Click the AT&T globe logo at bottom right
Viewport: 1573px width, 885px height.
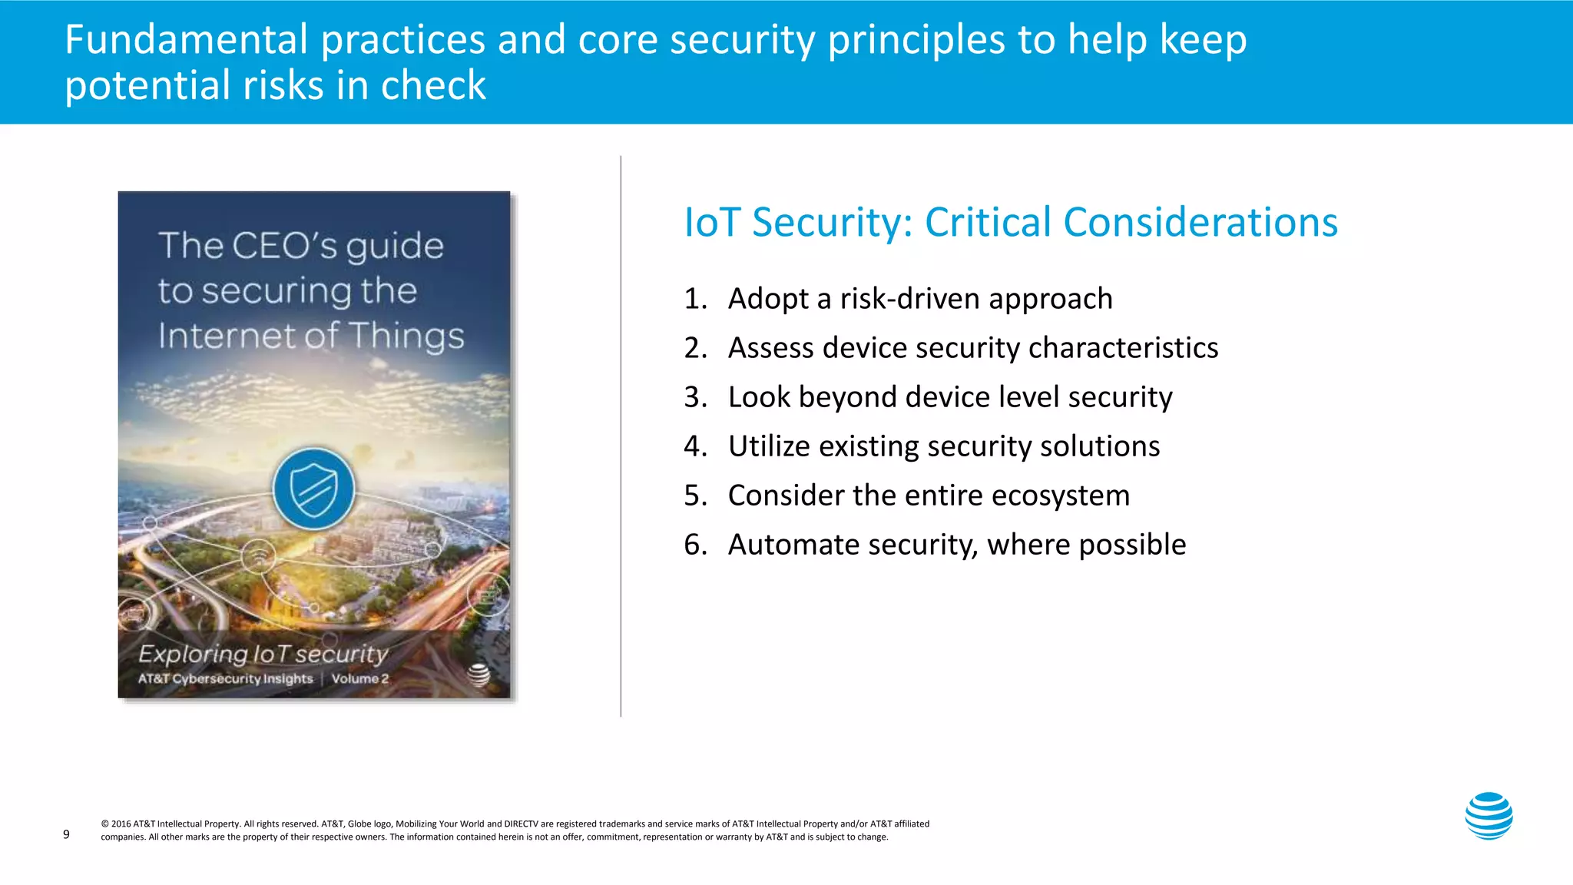click(1489, 816)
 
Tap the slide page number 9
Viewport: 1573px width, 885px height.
click(66, 834)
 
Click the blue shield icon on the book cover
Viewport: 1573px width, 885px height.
click(314, 489)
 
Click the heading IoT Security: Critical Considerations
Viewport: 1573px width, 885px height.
click(1011, 222)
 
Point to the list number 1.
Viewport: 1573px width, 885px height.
click(694, 299)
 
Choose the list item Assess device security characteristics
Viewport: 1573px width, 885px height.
click(972, 348)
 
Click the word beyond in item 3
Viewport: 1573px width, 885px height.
click(847, 397)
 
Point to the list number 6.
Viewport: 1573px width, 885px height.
click(694, 545)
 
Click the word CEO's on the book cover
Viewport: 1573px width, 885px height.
click(284, 246)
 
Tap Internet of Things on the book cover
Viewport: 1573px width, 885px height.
click(311, 336)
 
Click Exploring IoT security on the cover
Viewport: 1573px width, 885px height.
click(263, 654)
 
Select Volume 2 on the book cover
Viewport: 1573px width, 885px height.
click(360, 679)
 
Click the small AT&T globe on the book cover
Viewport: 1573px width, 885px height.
click(479, 675)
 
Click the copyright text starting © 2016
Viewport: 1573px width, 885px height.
click(515, 830)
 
